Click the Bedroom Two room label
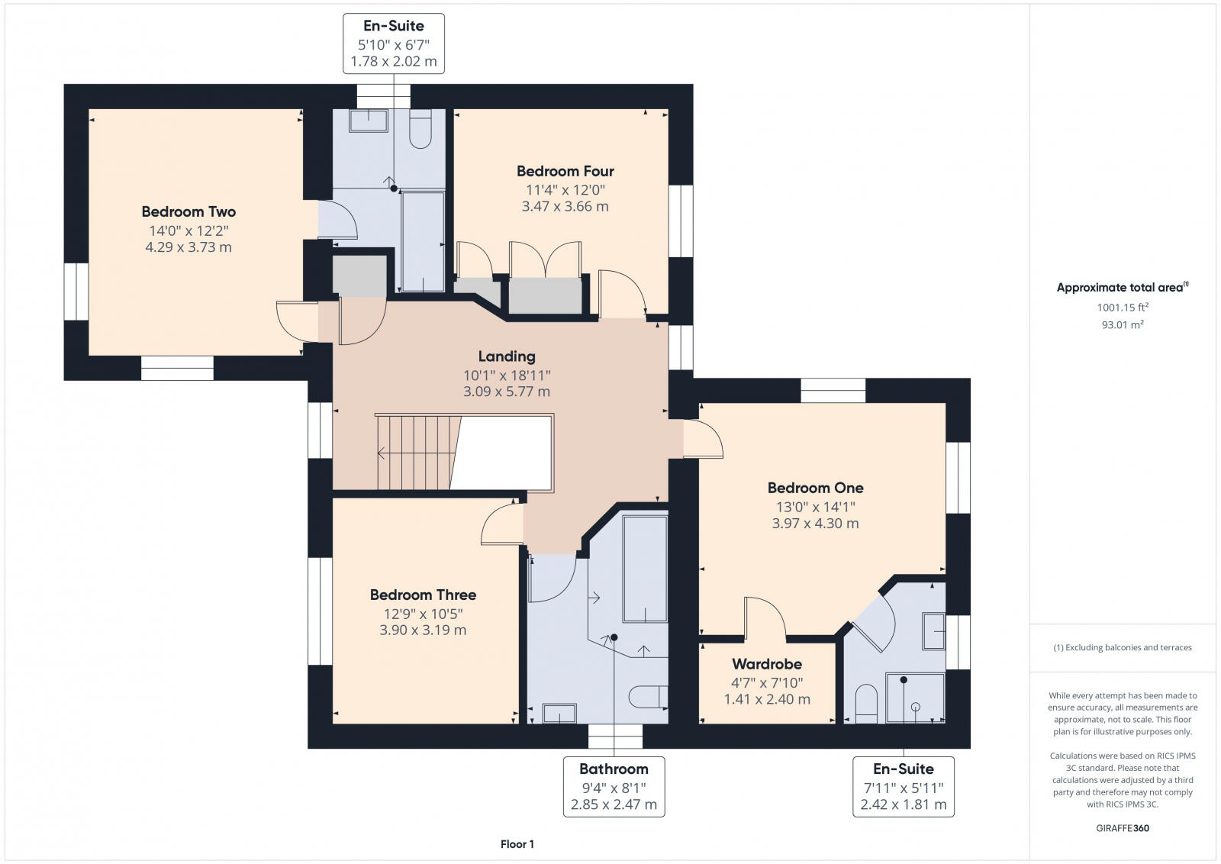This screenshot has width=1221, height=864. (x=188, y=211)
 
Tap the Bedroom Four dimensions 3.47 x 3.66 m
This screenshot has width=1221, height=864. (x=565, y=207)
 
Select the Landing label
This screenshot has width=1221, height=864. (x=507, y=356)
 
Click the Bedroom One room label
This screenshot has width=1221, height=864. (x=816, y=488)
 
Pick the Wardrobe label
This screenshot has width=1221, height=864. (x=767, y=664)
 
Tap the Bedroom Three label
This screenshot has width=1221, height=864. (x=423, y=595)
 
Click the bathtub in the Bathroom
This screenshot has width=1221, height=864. (x=645, y=569)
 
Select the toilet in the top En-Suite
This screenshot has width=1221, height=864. (x=420, y=129)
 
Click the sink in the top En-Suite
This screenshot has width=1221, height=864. (x=369, y=121)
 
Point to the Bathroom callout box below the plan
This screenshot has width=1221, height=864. (x=614, y=787)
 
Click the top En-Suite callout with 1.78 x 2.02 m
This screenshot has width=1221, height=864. (x=394, y=44)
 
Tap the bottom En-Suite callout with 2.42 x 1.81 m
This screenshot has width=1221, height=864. (x=904, y=787)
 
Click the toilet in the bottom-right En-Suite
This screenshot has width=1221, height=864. (x=866, y=704)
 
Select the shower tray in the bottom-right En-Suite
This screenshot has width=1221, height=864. (x=915, y=698)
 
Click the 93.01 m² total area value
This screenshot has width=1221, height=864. (x=1123, y=324)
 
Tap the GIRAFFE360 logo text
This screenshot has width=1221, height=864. (x=1123, y=829)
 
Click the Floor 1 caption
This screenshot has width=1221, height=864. (x=517, y=844)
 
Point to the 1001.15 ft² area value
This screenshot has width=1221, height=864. (x=1123, y=308)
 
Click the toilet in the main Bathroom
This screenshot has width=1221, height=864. (x=648, y=697)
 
